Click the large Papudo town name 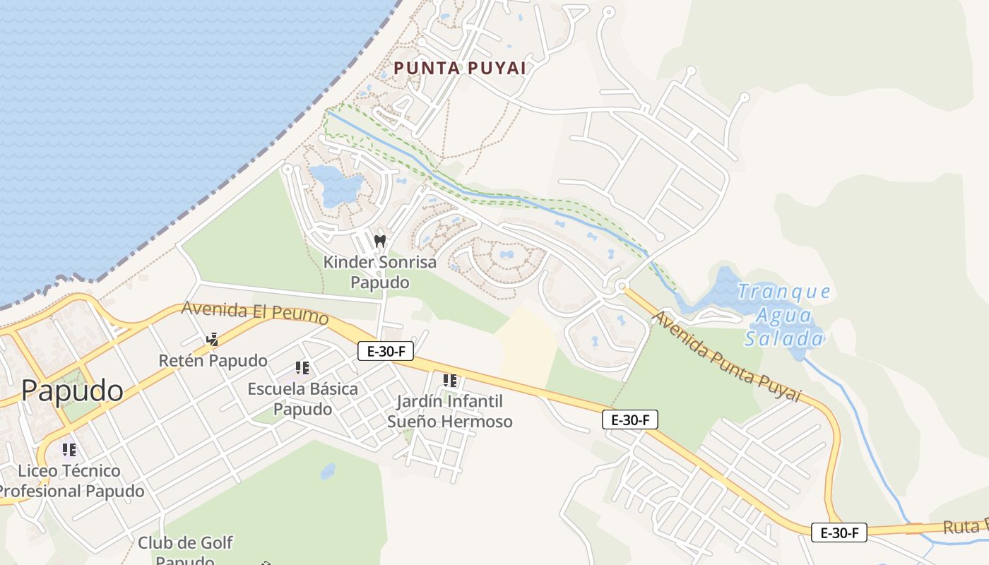click(x=72, y=390)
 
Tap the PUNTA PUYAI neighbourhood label click(x=460, y=69)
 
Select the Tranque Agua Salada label click(x=784, y=315)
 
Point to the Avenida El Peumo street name click(x=255, y=313)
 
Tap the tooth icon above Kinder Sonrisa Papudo click(x=380, y=241)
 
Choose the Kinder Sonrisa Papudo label click(x=380, y=272)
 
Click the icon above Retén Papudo click(x=212, y=340)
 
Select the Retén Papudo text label click(x=213, y=361)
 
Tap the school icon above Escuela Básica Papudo click(x=302, y=367)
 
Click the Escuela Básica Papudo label click(x=302, y=399)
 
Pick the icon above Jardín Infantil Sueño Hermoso click(x=450, y=381)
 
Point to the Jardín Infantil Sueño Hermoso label click(x=450, y=412)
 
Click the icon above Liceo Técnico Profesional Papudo click(x=69, y=449)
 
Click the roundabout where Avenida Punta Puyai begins click(x=622, y=286)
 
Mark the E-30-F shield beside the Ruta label click(x=839, y=533)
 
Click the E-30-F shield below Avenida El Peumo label click(x=385, y=351)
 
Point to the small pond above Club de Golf click(x=328, y=471)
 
